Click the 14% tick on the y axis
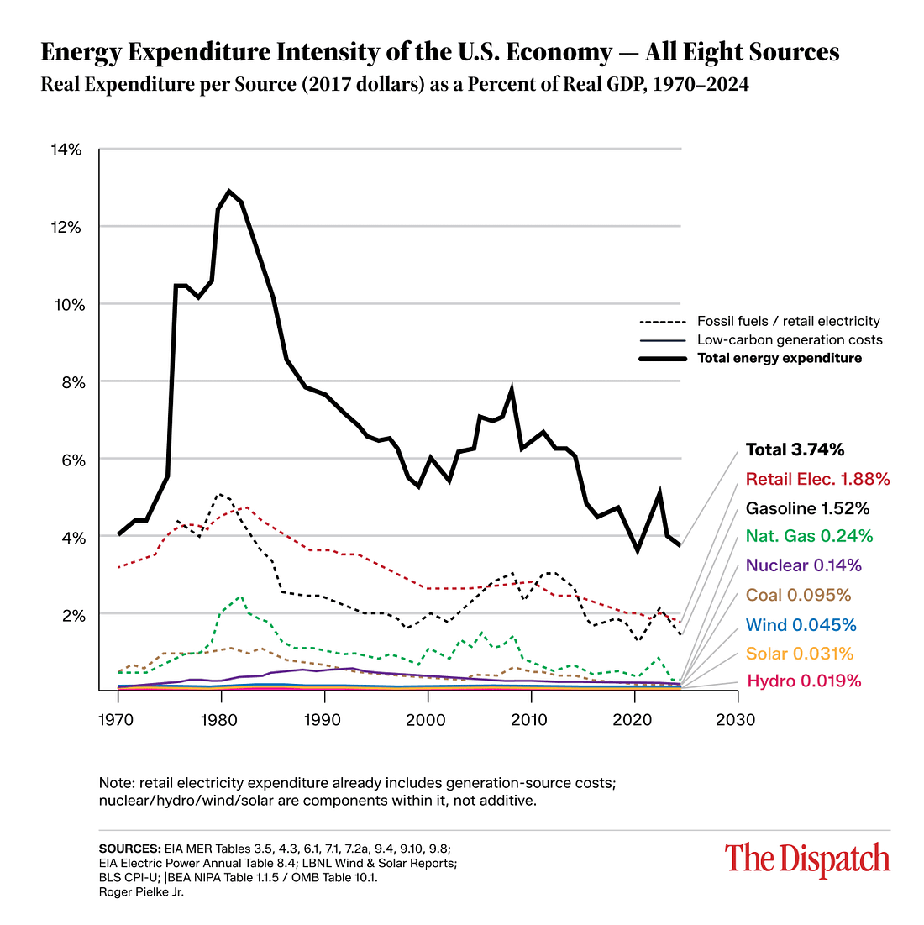pos(67,150)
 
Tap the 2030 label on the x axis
pos(738,720)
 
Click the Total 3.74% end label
pos(795,450)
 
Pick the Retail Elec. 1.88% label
pos(817,480)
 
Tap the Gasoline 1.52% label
pos(807,508)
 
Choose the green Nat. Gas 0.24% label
pos(809,536)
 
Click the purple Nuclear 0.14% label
pos(803,565)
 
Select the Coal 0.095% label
pos(798,595)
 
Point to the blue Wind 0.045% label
pos(801,624)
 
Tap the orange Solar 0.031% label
pos(800,654)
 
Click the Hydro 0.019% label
pos(803,681)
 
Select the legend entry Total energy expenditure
pos(779,358)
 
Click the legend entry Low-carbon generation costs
pos(790,340)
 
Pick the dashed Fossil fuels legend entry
pos(788,321)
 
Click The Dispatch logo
pos(807,859)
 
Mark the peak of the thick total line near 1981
pos(229,191)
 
